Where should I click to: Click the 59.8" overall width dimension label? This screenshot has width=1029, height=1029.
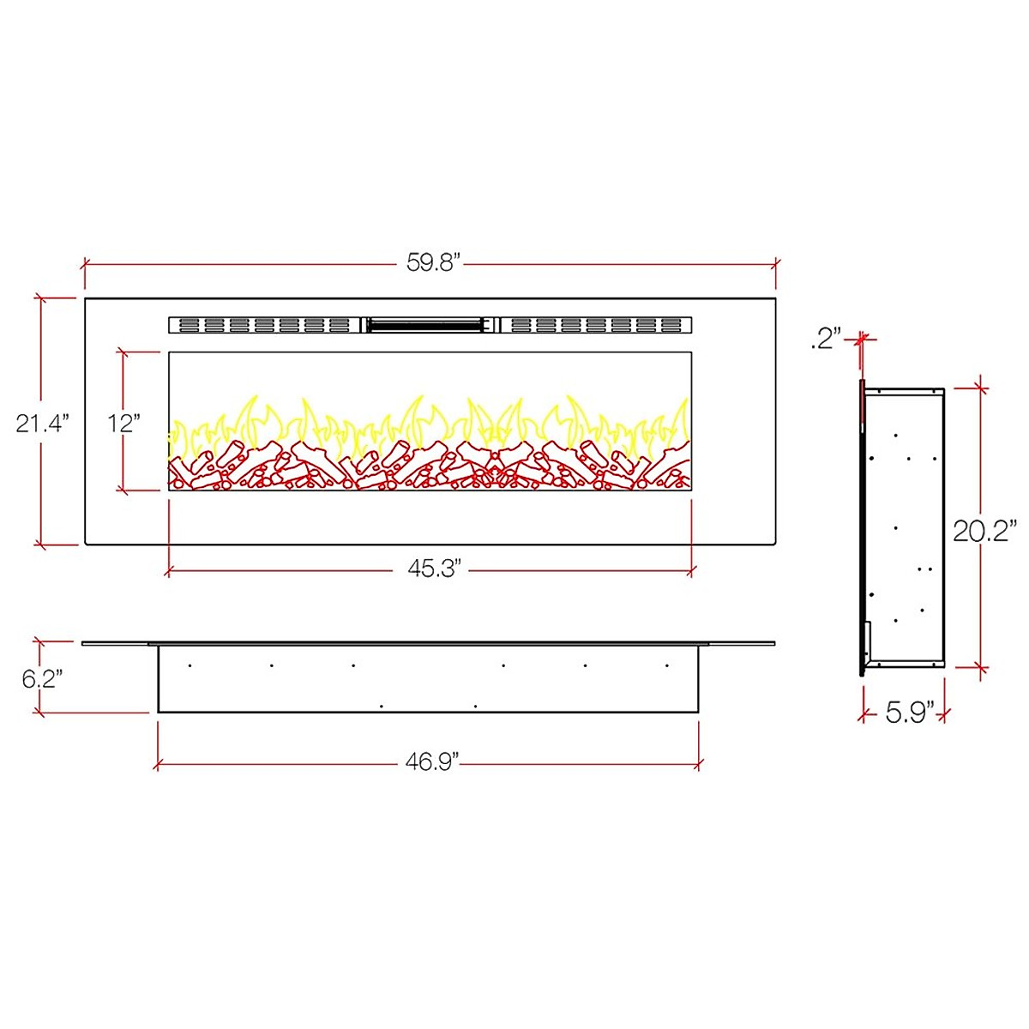(434, 262)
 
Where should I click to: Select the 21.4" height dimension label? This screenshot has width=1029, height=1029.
(41, 422)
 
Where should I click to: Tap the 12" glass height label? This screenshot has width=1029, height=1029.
(124, 422)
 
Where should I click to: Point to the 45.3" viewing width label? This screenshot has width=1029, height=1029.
(434, 569)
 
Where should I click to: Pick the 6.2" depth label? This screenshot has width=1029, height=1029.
(41, 679)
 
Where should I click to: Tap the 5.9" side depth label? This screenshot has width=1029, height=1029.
(907, 712)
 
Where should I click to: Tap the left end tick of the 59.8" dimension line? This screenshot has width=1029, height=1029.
(84, 264)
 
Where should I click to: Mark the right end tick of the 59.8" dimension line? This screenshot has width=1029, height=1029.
(775, 264)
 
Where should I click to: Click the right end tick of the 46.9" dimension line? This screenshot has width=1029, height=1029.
(700, 763)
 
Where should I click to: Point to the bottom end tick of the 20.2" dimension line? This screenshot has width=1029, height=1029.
(980, 666)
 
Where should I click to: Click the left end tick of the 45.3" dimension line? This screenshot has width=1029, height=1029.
(168, 570)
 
